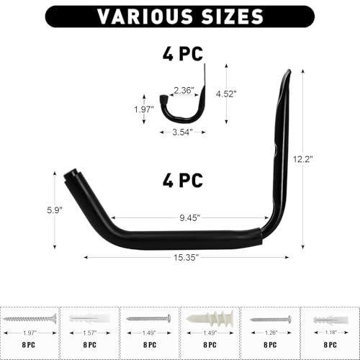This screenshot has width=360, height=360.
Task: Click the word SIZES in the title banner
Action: pos(233,17)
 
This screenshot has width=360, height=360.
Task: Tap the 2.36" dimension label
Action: pos(184,91)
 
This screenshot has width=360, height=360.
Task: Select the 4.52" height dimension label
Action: pos(226,94)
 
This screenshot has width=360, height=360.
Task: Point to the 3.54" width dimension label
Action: pos(182,132)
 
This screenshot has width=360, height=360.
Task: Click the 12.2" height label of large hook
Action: pos(303,159)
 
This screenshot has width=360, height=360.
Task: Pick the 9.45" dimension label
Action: pos(189,217)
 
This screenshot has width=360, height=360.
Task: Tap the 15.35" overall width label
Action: pos(186,258)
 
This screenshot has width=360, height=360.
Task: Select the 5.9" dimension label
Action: pos(55,210)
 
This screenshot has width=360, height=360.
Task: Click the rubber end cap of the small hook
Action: pos(163,99)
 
